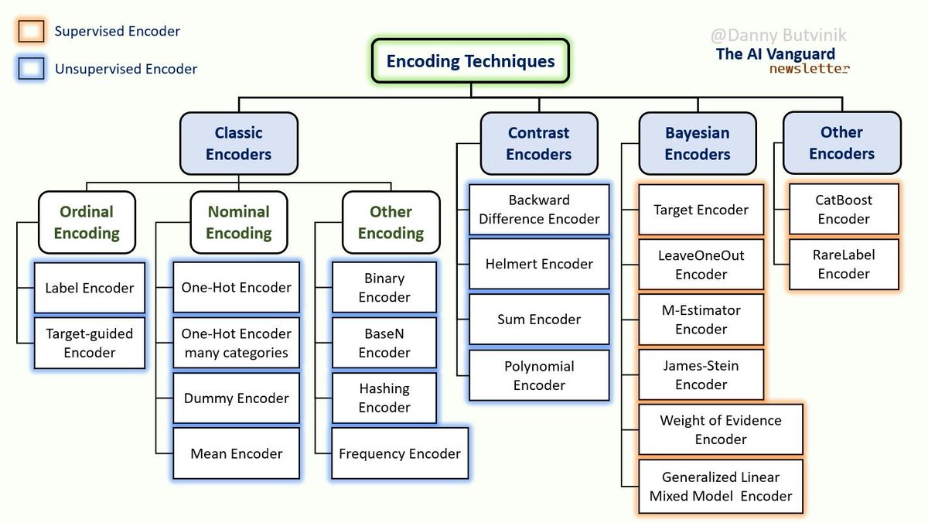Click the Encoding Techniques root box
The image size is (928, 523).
tap(470, 61)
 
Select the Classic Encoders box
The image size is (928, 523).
tap(238, 143)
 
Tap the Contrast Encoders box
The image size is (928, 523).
tap(538, 143)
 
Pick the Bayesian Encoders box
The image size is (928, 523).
tap(697, 143)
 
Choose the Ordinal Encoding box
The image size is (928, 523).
tap(87, 222)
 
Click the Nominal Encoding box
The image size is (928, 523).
tap(238, 222)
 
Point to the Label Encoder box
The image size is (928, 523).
tap(89, 288)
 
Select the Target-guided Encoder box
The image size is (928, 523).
tap(89, 343)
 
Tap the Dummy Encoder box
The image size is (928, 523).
tap(236, 398)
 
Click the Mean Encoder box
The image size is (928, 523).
tap(236, 453)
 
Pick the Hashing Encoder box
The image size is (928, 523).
tap(384, 398)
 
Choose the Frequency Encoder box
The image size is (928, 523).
tap(399, 453)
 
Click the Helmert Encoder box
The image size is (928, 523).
tap(539, 264)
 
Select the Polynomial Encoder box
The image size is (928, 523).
tap(539, 375)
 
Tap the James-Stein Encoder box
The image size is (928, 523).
tap(701, 375)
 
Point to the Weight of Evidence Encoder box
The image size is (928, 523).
tap(720, 429)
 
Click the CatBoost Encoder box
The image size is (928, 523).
tap(844, 209)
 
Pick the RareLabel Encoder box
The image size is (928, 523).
tap(844, 264)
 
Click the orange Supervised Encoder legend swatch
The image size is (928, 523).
tap(31, 32)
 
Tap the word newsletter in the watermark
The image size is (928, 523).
tap(809, 68)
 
